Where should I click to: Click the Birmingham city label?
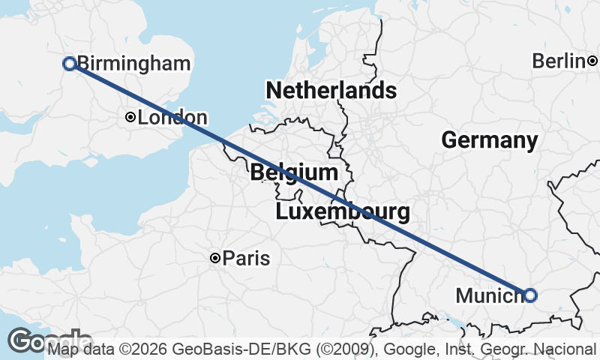tap(133, 64)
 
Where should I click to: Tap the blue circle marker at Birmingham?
tap(69, 64)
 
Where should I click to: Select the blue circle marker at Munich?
tap(530, 295)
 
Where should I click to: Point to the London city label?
tap(172, 118)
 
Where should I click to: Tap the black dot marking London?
tap(130, 117)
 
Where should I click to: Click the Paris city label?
tap(247, 259)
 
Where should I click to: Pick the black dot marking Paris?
tap(215, 259)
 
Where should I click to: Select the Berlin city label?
tap(559, 61)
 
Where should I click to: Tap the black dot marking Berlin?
tap(592, 61)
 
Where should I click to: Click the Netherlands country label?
tap(331, 91)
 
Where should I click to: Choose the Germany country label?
tap(489, 140)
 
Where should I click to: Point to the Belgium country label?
tap(294, 172)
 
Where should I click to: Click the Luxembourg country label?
tap(343, 212)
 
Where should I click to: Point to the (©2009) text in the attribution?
tap(299, 349)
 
